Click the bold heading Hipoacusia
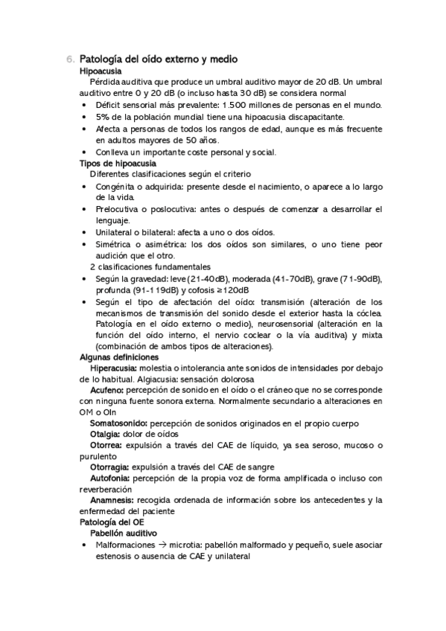point(101,70)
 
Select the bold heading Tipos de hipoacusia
point(118,163)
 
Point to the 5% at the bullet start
point(103,117)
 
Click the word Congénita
point(117,186)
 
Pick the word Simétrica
point(116,244)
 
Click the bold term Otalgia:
point(106,435)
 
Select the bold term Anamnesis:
point(112,500)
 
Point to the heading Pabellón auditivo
point(123,534)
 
